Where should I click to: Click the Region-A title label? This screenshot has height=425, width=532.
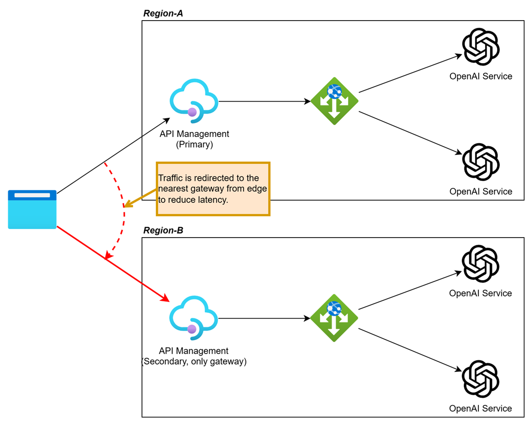coord(163,13)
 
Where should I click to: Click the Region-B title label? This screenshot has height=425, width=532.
coord(163,230)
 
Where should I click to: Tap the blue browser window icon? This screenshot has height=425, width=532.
coord(32,209)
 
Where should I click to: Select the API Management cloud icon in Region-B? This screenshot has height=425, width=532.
coord(193,316)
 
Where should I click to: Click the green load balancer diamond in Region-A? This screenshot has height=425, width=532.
coord(334,101)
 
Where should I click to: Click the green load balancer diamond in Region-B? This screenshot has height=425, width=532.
coord(334,318)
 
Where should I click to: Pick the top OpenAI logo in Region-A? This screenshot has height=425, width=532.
coord(481,46)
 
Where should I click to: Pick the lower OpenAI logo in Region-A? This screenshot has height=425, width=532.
coord(481,161)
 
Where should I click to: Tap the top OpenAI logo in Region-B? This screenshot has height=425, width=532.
coord(480,264)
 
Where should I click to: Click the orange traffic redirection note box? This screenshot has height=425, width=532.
coord(213,189)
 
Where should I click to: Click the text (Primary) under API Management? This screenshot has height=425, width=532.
coord(194,144)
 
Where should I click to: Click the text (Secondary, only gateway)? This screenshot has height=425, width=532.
coord(194,362)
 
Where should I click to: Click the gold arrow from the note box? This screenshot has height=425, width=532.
coord(140,198)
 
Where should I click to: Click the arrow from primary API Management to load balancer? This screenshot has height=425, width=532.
coord(264,102)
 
